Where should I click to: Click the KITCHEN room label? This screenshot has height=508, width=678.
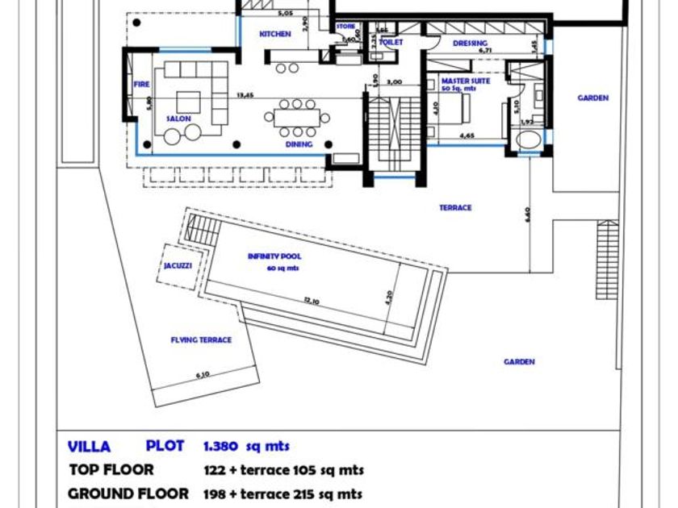tap(274, 35)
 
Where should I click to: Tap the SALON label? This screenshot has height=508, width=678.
tap(178, 119)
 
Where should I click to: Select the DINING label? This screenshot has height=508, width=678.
tap(299, 145)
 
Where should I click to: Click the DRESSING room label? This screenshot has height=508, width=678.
tap(470, 44)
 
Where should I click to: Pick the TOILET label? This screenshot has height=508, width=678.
tap(391, 42)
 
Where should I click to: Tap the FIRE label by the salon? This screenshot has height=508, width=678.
tap(141, 83)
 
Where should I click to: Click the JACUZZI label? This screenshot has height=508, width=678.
tap(178, 265)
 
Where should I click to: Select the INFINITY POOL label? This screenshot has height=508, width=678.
tap(274, 256)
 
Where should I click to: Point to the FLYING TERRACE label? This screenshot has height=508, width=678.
tap(201, 340)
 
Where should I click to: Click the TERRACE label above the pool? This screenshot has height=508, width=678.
tap(455, 208)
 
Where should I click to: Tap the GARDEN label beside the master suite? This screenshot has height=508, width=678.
tap(592, 98)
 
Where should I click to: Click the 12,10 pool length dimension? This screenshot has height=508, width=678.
tap(313, 301)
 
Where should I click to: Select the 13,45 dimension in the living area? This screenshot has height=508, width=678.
tap(245, 95)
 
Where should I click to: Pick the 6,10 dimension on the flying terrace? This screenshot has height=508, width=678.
tap(203, 374)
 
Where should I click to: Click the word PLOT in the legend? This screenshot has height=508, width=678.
tap(165, 446)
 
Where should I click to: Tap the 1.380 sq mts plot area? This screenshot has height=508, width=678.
tap(246, 446)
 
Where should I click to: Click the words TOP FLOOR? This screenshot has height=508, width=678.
tap(111, 470)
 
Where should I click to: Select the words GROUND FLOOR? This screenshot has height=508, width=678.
tap(128, 493)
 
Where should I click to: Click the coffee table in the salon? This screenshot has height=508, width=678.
tap(188, 101)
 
